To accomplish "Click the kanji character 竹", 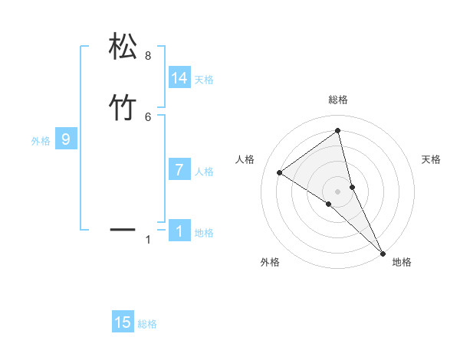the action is click(x=123, y=107).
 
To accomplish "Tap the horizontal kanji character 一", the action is click(x=123, y=228).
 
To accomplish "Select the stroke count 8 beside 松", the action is click(x=148, y=56).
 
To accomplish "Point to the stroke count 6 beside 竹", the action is click(x=148, y=116).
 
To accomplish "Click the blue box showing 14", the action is click(x=179, y=78).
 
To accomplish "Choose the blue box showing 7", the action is click(x=179, y=170).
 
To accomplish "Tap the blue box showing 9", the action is click(x=66, y=139).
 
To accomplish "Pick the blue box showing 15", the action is click(x=123, y=322).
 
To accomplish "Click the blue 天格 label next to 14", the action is click(x=204, y=80).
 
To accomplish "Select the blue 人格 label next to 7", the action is click(x=204, y=172).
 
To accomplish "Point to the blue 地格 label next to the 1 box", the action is click(x=204, y=233).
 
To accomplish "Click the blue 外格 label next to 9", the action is click(x=41, y=141).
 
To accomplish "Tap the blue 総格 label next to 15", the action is click(x=147, y=324).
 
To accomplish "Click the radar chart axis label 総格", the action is click(x=338, y=100).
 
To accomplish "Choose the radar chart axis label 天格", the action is click(x=431, y=159).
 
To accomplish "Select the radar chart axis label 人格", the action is click(x=245, y=159).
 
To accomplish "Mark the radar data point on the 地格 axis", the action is click(x=383, y=252).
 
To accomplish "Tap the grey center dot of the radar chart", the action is click(x=338, y=191).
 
